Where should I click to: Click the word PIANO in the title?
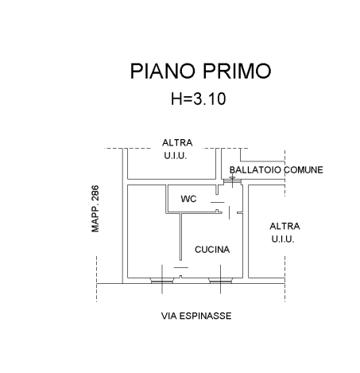(x=163, y=71)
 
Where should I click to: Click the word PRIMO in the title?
(x=237, y=71)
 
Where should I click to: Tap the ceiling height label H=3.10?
(x=199, y=99)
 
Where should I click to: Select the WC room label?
(x=188, y=199)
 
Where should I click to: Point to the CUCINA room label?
(x=212, y=250)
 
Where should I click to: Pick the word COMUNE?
(x=304, y=170)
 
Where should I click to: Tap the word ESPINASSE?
(x=205, y=316)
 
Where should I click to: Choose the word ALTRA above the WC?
(x=177, y=143)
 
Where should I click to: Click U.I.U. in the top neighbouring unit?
(x=176, y=156)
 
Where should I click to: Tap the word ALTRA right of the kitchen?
(x=285, y=227)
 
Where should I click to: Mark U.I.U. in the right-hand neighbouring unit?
(x=283, y=239)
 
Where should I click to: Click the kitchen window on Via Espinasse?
(x=220, y=281)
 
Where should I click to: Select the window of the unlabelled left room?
(x=162, y=281)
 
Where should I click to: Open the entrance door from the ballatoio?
(x=232, y=181)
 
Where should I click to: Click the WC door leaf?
(x=218, y=202)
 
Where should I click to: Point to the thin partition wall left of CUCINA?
(x=180, y=237)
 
